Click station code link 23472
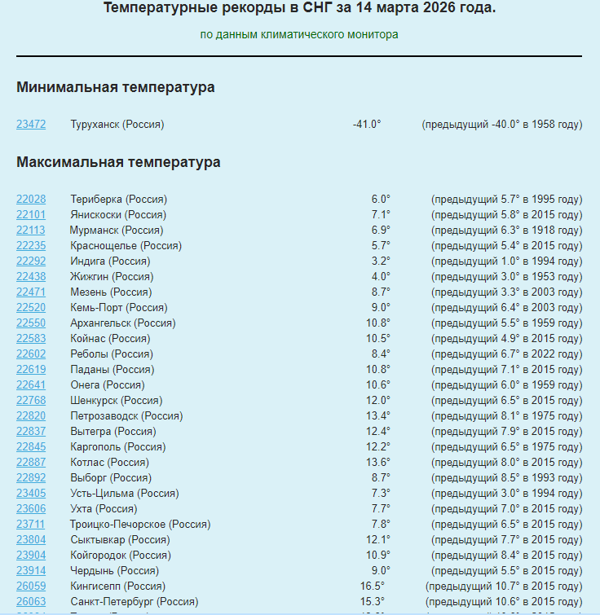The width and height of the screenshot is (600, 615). [31, 125]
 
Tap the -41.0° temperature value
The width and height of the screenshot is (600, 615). [367, 125]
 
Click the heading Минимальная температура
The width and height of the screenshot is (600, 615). [116, 87]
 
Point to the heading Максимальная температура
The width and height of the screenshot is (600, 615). [118, 162]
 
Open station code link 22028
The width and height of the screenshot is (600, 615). [31, 200]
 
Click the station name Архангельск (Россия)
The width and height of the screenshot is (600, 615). [123, 323]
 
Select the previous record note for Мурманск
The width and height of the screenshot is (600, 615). [506, 231]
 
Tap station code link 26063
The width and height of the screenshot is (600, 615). [31, 602]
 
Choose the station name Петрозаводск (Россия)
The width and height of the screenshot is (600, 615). [126, 416]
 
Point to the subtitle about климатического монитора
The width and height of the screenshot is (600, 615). [299, 35]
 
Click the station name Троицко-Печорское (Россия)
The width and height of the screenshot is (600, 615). [140, 525]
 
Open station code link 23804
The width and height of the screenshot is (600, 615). [31, 540]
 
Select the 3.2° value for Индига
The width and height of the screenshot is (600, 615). [381, 261]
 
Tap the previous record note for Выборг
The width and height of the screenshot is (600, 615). [506, 478]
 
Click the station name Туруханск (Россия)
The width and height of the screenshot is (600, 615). [117, 125]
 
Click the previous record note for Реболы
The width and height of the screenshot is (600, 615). [506, 354]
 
